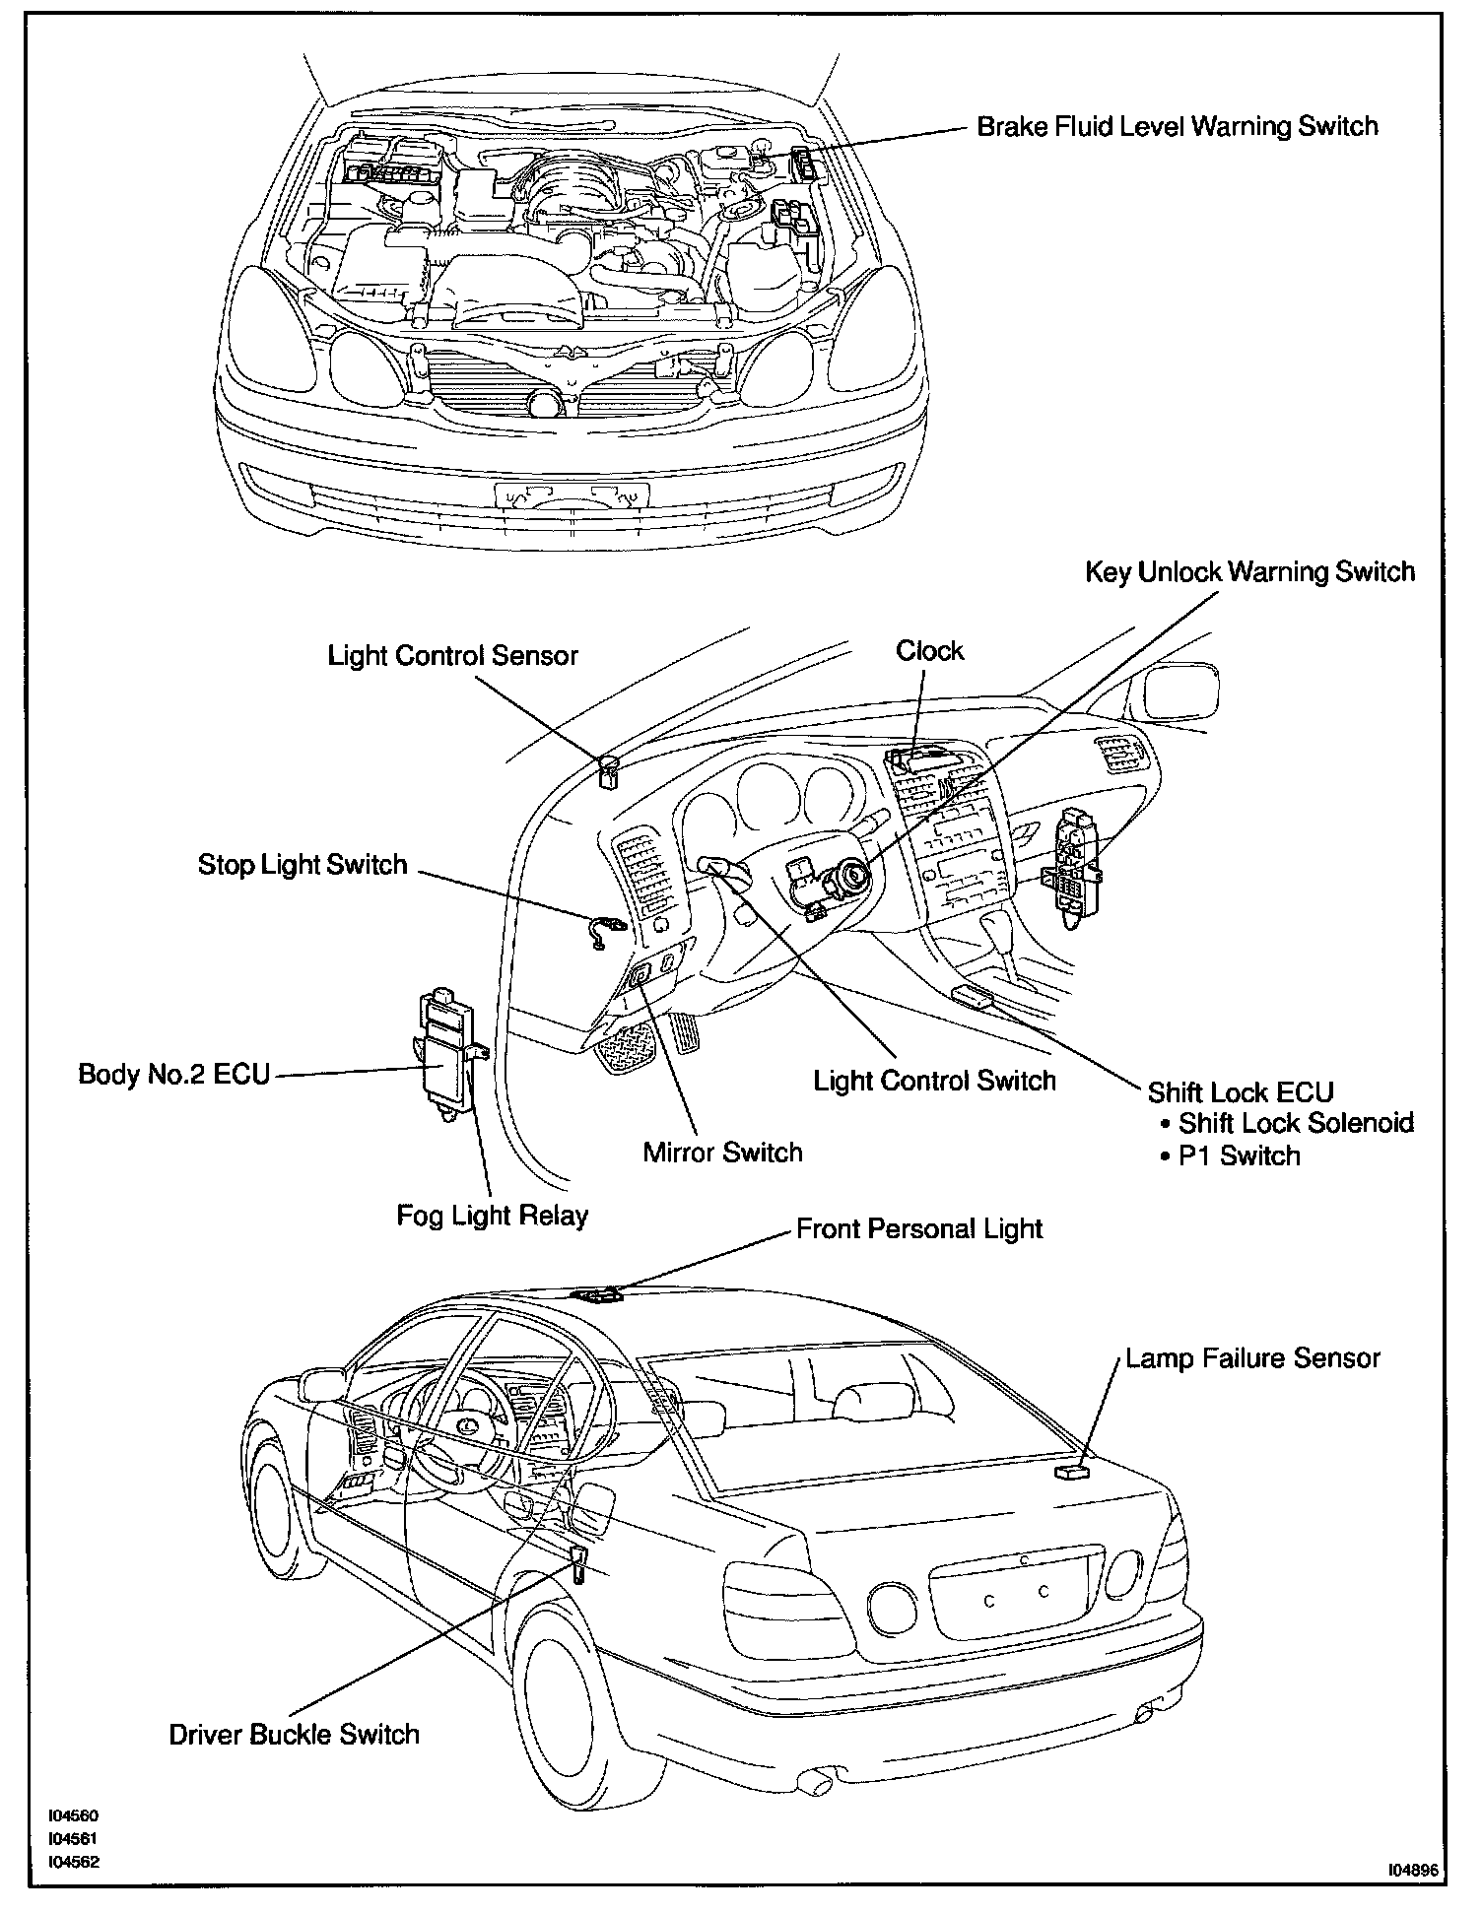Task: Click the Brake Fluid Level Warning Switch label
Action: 1177,127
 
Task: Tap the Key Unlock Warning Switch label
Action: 1249,572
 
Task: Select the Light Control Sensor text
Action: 452,656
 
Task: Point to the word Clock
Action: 929,651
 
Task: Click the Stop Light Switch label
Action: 303,865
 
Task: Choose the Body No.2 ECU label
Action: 173,1074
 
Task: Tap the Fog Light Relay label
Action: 492,1216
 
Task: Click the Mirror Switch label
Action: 722,1153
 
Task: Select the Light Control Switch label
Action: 934,1081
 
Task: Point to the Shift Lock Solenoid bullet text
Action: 1295,1123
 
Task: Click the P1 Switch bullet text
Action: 1239,1155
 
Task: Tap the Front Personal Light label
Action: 919,1229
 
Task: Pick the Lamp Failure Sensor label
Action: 1252,1358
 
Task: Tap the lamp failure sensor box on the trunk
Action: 1071,1473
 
